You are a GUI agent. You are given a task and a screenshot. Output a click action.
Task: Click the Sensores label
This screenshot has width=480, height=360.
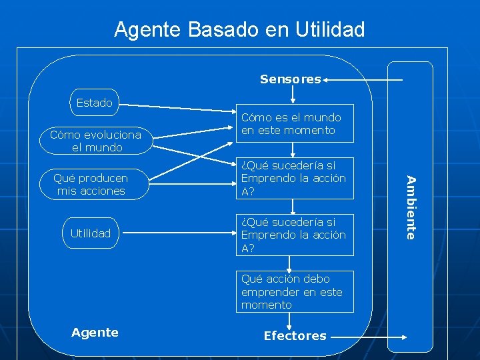tap(290, 79)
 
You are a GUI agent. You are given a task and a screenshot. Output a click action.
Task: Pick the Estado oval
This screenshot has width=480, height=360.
tap(94, 103)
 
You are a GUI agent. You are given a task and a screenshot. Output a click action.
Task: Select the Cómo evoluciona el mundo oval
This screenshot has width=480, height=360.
tap(96, 141)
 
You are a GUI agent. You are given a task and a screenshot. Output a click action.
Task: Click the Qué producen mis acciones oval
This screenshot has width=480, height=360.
tap(91, 185)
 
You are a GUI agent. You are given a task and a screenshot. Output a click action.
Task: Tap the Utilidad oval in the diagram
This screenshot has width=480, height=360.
tap(91, 233)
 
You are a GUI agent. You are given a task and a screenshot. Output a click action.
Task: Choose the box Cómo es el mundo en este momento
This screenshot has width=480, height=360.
tap(296, 123)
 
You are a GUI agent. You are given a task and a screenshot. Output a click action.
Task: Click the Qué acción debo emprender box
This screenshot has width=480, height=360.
tap(296, 291)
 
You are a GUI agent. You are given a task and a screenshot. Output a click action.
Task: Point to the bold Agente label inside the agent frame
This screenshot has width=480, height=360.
tap(95, 332)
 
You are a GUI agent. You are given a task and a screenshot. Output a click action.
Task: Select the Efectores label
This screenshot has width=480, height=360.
tap(295, 336)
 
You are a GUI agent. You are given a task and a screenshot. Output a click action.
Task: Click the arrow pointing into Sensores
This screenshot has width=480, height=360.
tap(363, 80)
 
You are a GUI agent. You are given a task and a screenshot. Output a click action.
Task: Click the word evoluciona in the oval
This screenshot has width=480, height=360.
tap(111, 135)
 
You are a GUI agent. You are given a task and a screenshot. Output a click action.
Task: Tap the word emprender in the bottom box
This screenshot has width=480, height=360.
tap(270, 292)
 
